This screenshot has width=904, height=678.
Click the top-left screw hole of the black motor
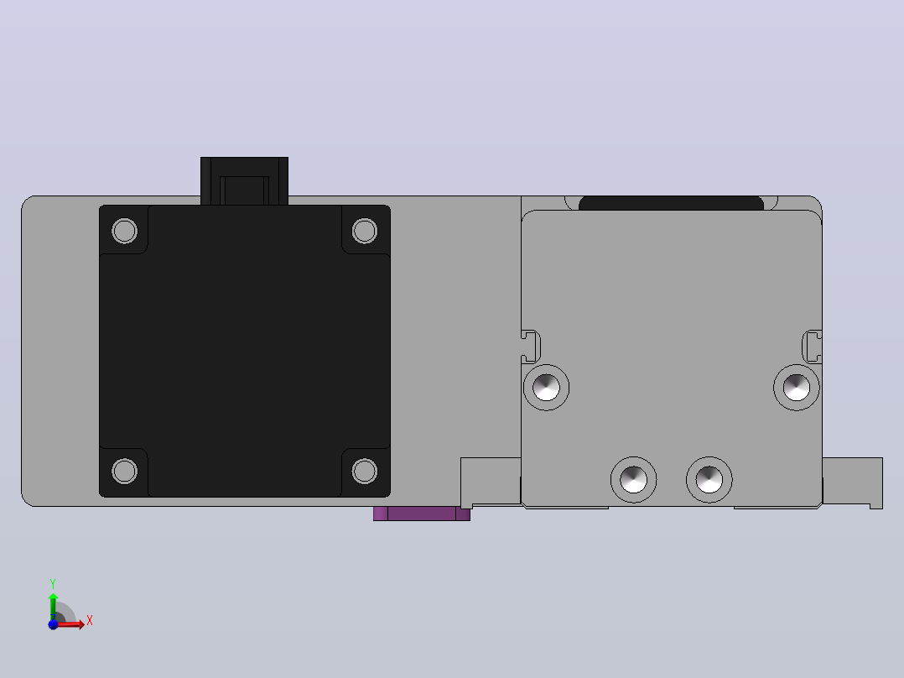coord(124,231)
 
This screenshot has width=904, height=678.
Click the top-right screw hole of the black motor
coord(364,231)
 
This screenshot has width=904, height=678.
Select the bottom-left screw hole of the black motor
coord(124,471)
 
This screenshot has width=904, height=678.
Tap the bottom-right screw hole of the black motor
coord(364,471)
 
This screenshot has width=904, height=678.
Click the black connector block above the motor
coord(245,180)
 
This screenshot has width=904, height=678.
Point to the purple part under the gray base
coord(422,514)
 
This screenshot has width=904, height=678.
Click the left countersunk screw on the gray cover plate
coord(547,387)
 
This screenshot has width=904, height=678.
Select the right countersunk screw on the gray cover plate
coord(796,387)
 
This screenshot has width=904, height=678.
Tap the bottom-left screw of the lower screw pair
coord(634,479)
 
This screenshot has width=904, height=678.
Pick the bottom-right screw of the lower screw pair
coord(709,479)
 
